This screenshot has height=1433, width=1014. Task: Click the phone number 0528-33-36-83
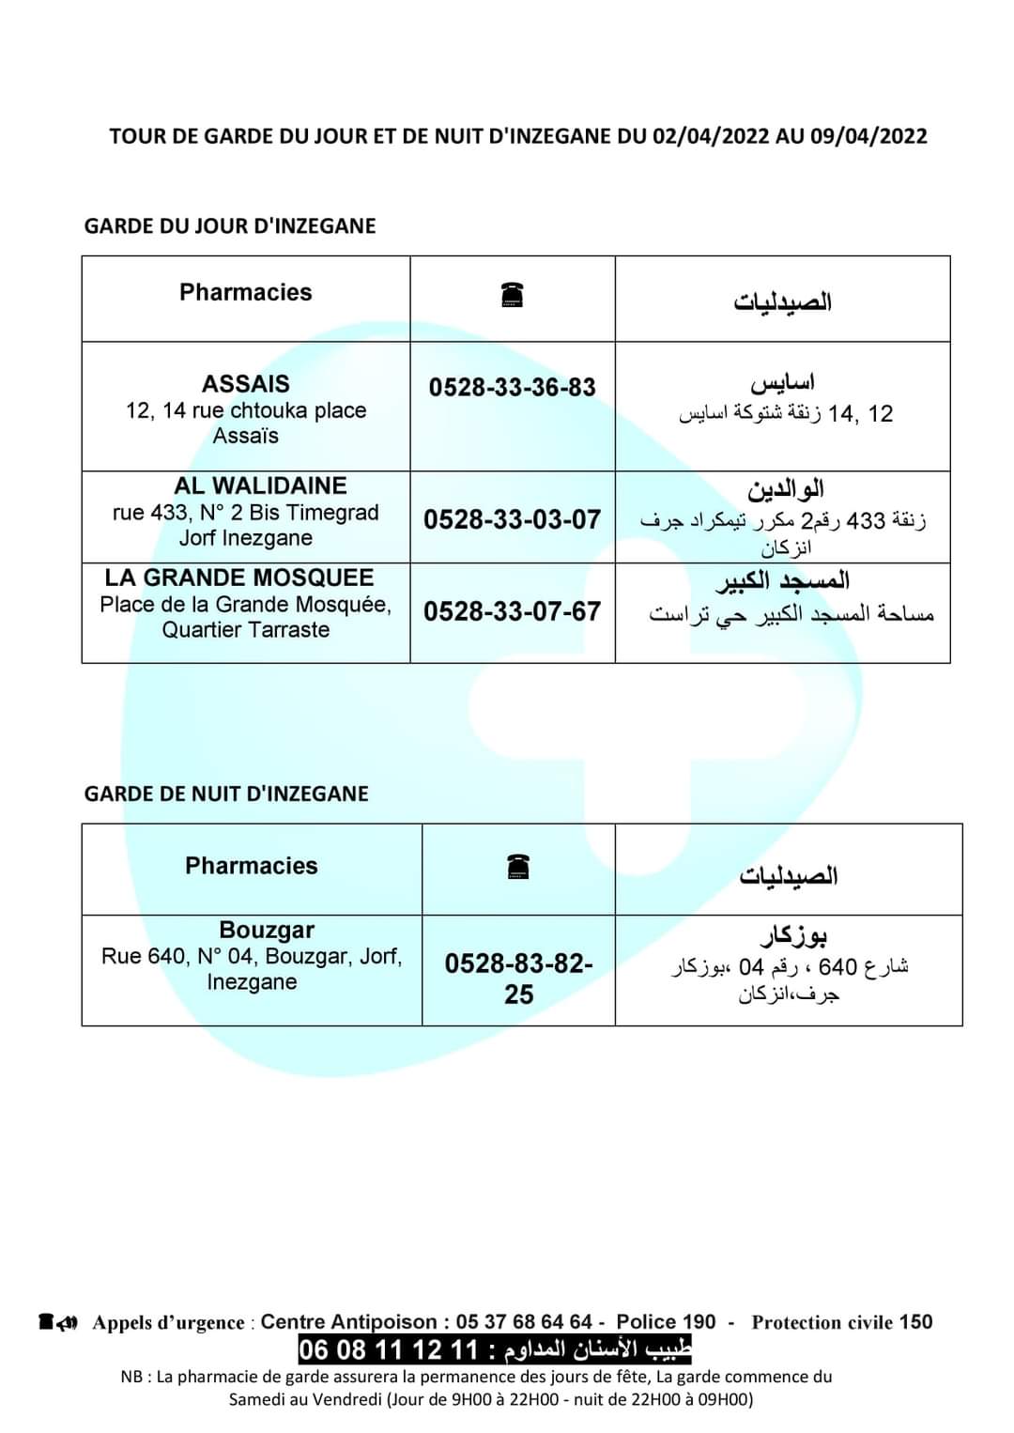tap(512, 387)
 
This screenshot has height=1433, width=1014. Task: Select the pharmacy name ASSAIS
tap(246, 383)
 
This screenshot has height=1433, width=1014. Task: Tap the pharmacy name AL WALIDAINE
tap(260, 485)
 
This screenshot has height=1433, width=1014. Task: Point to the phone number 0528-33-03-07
tap(512, 519)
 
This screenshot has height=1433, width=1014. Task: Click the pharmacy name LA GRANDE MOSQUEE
tap(239, 578)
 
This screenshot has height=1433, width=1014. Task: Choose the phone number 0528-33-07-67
tap(512, 611)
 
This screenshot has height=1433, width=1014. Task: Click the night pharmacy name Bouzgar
tap(267, 930)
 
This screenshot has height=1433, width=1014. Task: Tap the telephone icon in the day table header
tap(512, 295)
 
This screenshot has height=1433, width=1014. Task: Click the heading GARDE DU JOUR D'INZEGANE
tap(230, 225)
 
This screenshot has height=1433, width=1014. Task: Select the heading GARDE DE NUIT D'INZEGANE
tap(226, 794)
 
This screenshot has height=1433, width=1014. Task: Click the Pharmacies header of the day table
tap(246, 292)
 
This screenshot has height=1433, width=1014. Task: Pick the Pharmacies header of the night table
tap(252, 866)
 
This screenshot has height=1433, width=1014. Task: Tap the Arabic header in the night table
tap(788, 875)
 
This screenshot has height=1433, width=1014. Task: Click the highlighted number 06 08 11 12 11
tap(388, 1350)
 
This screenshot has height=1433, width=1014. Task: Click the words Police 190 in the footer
tap(666, 1322)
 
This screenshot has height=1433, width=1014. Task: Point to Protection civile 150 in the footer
tap(842, 1322)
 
